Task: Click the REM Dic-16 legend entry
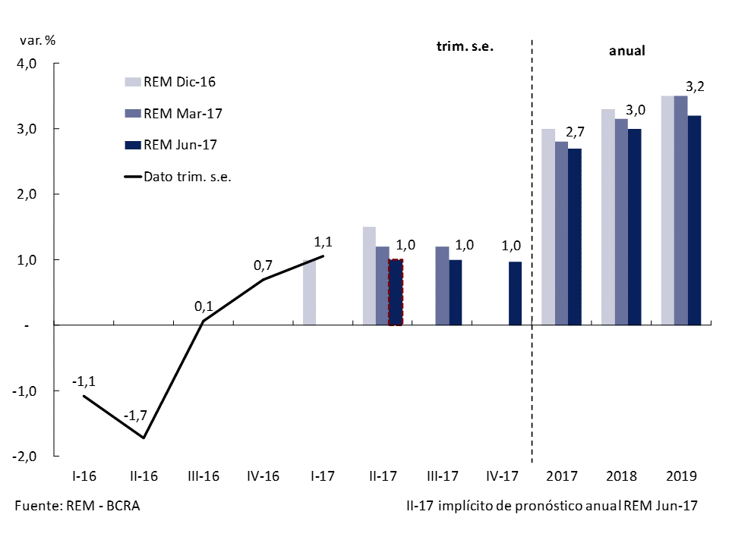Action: point(174,82)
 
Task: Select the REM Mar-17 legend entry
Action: point(174,113)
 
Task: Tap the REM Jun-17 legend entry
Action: point(174,144)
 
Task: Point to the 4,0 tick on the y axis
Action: point(27,64)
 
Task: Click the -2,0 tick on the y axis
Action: point(27,456)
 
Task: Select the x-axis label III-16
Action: point(203,477)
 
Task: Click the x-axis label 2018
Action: point(621,477)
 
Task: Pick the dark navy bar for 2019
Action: point(694,220)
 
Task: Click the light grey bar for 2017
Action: point(548,227)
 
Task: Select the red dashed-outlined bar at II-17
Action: point(396,292)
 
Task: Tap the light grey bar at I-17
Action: point(309,292)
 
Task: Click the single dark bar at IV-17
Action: point(515,293)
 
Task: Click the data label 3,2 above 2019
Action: point(695,86)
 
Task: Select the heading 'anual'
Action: point(627,52)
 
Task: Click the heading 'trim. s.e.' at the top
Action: point(465,45)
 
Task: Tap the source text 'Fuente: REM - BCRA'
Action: point(77,506)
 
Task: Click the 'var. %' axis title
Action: point(39,40)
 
